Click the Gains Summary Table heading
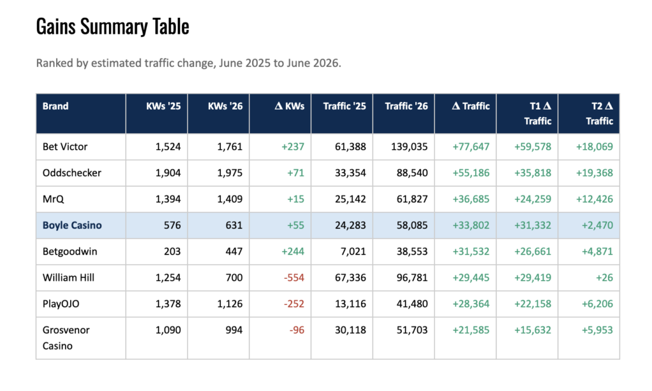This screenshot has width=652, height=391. (x=113, y=27)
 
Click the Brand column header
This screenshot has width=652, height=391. (x=55, y=106)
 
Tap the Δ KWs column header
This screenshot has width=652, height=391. (x=290, y=106)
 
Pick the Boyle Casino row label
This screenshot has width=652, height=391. (x=72, y=225)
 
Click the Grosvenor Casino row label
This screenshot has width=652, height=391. (x=66, y=338)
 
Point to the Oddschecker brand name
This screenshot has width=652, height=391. (x=72, y=173)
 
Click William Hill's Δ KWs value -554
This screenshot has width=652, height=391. (x=294, y=278)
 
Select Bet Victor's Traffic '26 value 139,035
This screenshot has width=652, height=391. (x=409, y=146)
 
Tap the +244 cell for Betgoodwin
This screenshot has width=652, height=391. (x=293, y=252)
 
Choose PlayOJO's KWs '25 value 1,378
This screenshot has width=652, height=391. (x=168, y=304)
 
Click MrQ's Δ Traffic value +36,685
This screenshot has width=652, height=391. (x=471, y=199)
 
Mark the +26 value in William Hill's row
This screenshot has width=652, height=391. (x=604, y=278)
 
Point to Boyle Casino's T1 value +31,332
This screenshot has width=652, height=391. (x=533, y=225)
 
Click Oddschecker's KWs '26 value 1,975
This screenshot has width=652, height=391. (x=229, y=173)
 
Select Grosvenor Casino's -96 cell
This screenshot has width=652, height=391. (x=297, y=330)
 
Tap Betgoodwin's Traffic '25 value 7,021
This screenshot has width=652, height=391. (x=353, y=252)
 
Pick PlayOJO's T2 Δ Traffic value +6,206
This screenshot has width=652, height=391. (x=597, y=304)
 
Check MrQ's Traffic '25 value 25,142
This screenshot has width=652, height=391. (x=351, y=199)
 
